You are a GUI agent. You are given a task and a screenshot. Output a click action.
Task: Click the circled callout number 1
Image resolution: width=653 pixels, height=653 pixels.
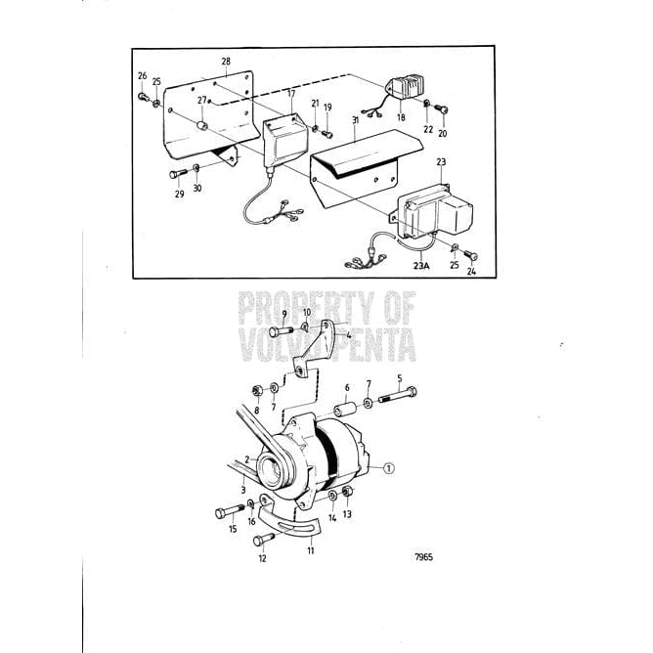click(x=389, y=468)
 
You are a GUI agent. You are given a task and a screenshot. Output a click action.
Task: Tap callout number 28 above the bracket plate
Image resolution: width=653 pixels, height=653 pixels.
click(x=226, y=62)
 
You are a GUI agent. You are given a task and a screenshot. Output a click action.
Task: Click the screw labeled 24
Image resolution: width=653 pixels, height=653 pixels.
click(x=470, y=255)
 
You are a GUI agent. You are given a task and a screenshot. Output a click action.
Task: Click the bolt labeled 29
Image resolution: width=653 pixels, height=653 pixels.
click(x=177, y=174)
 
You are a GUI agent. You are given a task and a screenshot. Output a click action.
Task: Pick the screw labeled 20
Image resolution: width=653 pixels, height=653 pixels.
click(x=443, y=109)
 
